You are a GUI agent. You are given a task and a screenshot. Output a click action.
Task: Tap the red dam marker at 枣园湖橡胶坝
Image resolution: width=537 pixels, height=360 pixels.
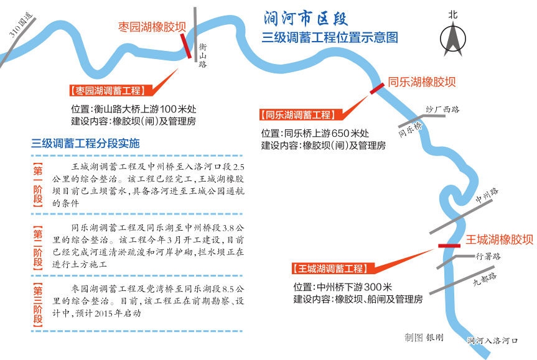(185, 45)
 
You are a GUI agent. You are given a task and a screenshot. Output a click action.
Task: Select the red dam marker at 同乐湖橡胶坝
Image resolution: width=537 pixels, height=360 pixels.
(376, 89)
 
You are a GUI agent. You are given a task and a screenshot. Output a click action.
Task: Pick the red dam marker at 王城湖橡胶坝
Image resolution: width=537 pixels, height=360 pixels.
(449, 246)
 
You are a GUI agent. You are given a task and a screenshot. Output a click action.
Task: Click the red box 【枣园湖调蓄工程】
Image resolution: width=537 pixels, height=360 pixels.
(107, 91)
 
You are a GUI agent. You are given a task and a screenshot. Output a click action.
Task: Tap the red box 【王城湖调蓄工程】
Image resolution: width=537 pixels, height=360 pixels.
(329, 269)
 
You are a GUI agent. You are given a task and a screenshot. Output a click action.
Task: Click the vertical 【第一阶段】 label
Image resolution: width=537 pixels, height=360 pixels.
(38, 185)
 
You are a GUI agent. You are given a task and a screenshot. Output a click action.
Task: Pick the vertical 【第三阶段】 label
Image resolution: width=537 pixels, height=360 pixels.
(38, 305)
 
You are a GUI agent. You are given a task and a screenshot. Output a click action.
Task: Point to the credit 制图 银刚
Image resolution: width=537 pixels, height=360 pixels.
(424, 337)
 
